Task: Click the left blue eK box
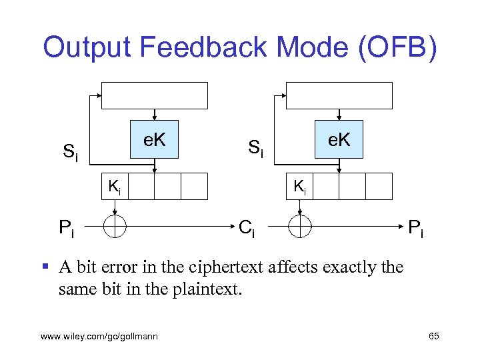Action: [x=155, y=139]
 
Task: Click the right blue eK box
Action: [x=339, y=139]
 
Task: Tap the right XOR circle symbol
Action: [x=300, y=226]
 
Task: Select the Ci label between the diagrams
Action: [x=247, y=229]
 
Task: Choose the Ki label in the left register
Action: [x=115, y=187]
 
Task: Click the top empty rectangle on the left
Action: [x=154, y=95]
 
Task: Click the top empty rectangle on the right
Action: [x=339, y=95]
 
